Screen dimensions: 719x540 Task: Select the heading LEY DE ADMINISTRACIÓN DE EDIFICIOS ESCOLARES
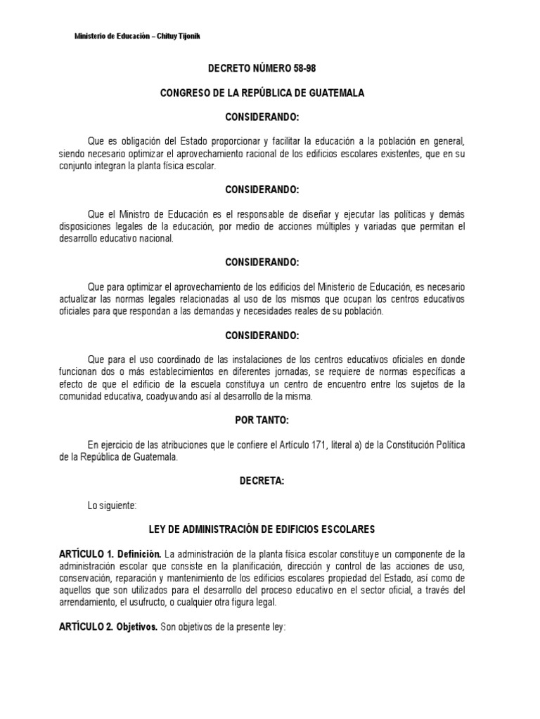click(271, 529)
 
